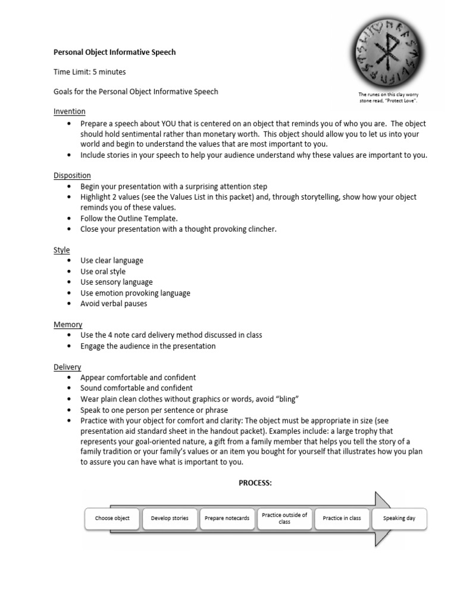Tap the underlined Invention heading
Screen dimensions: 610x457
coord(69,111)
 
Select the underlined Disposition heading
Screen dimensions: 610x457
coord(72,176)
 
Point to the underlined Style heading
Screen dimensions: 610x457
coord(61,250)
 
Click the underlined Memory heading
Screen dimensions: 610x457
coord(68,325)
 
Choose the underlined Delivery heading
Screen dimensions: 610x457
coord(67,368)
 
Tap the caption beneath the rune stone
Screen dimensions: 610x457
coord(389,98)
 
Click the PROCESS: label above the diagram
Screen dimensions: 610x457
coord(255,483)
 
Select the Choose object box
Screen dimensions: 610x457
coord(112,518)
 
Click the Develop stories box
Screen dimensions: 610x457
coord(170,518)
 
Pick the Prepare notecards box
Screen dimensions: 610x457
coord(227,518)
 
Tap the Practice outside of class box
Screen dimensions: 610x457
coord(284,518)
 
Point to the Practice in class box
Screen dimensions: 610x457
coord(342,518)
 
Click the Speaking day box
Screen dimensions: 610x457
coord(399,518)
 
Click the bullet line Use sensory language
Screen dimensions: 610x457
coord(117,282)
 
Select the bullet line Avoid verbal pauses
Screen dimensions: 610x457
coord(114,304)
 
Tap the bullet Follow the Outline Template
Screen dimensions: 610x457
coord(129,219)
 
